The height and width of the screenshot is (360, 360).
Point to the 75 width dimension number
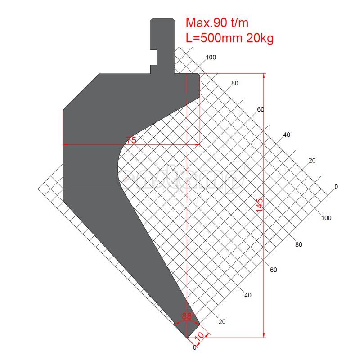[x=131, y=140]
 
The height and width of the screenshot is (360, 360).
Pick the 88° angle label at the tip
[x=187, y=316]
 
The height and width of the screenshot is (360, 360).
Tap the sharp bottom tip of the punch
[x=187, y=337]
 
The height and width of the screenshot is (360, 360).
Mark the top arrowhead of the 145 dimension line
[x=264, y=76]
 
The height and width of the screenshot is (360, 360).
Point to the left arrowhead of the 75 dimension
[x=66, y=145]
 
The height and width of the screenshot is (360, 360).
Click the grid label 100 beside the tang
[x=211, y=58]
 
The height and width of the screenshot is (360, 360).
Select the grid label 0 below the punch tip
[x=194, y=347]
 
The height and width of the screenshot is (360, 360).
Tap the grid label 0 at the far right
[x=336, y=186]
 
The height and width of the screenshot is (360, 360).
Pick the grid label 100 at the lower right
[x=326, y=218]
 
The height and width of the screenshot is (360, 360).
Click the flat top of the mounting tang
[x=162, y=19]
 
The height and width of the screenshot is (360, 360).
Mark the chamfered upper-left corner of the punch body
[x=81, y=91]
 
